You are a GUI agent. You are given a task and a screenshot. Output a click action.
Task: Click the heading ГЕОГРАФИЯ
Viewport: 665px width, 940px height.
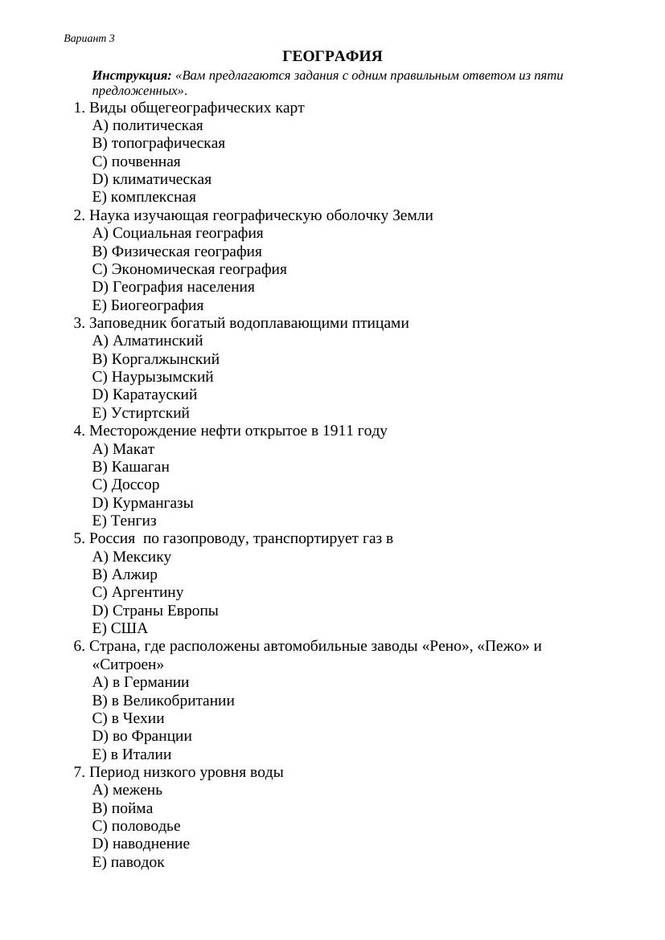click(x=332, y=56)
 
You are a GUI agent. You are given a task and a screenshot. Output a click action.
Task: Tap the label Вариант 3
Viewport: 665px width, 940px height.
click(x=89, y=39)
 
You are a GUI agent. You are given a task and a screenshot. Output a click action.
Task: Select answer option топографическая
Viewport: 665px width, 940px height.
click(x=168, y=143)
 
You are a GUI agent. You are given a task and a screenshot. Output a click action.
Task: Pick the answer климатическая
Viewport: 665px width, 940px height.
click(x=162, y=179)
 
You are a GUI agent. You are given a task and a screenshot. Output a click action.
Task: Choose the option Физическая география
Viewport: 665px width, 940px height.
click(x=187, y=251)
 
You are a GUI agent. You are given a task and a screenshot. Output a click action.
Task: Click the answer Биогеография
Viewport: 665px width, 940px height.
click(x=157, y=305)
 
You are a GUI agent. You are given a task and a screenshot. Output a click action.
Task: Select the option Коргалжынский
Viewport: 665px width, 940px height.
click(x=165, y=359)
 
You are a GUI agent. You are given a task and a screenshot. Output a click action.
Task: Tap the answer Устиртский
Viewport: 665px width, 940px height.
click(x=150, y=413)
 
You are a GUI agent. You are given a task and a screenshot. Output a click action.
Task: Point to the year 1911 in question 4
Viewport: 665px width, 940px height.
click(x=338, y=431)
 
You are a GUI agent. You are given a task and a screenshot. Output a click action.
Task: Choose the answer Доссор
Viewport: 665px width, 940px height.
click(x=135, y=484)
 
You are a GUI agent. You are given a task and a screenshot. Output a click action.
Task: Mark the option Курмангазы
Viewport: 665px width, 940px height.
click(x=153, y=503)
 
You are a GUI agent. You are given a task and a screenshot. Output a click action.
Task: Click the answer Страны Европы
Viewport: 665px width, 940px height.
click(x=165, y=611)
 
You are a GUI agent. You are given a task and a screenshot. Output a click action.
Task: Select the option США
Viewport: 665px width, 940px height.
click(x=129, y=628)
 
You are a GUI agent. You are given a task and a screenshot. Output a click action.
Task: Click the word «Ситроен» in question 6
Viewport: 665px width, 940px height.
click(x=128, y=664)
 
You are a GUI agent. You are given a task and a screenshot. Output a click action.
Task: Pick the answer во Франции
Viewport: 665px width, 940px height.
click(x=152, y=736)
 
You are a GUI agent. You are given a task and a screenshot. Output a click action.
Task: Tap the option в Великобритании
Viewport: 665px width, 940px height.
click(x=173, y=701)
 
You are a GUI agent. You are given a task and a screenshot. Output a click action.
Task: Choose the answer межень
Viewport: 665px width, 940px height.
click(x=138, y=790)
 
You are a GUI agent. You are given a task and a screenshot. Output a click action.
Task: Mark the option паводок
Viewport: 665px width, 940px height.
click(x=138, y=862)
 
